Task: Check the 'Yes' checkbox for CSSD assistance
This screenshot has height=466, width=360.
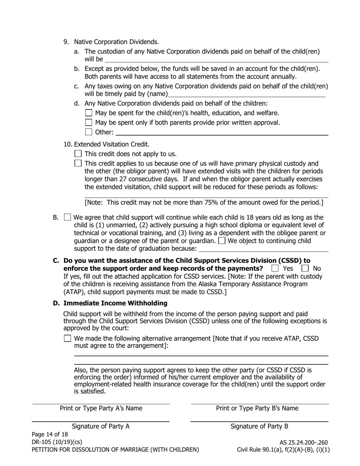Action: (275, 268)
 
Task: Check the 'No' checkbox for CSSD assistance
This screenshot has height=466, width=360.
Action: (305, 268)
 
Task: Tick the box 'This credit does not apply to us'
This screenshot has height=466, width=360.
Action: (78, 153)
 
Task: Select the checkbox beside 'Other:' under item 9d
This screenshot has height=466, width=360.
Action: (89, 132)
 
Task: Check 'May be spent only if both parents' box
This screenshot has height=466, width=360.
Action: (89, 122)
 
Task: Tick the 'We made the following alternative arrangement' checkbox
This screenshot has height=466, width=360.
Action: (67, 338)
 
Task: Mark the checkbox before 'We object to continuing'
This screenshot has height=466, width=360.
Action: (222, 241)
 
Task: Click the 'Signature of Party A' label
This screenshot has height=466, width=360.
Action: (100, 426)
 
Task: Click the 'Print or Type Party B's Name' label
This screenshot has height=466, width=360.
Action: (257, 408)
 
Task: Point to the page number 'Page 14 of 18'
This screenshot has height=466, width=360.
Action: (50, 434)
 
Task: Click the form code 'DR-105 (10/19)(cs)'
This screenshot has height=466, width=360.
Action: (57, 442)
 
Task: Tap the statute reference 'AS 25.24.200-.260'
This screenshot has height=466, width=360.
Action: (304, 442)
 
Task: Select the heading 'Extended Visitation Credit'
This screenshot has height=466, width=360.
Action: (112, 144)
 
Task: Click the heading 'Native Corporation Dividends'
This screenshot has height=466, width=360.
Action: (116, 42)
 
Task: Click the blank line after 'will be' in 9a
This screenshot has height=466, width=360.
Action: (216, 59)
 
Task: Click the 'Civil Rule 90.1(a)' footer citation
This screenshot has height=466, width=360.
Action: (262, 450)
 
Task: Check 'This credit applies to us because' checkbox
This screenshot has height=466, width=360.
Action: (78, 163)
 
